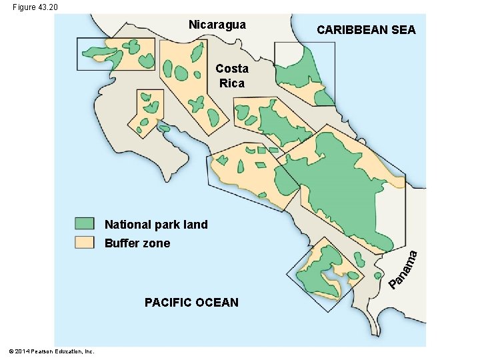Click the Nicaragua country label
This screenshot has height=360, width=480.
click(x=217, y=25)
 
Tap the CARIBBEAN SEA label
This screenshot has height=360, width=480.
click(x=366, y=30)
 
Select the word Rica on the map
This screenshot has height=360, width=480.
click(x=232, y=83)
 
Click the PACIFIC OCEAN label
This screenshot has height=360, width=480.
click(x=191, y=303)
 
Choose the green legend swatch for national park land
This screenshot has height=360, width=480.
click(x=85, y=224)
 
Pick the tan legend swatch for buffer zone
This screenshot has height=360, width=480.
click(x=85, y=243)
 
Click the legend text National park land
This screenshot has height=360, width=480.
click(x=156, y=225)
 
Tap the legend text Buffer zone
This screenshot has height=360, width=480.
click(x=137, y=243)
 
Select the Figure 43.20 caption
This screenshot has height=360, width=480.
click(x=35, y=7)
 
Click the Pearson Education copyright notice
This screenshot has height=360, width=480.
click(x=51, y=351)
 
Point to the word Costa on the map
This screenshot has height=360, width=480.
click(x=232, y=69)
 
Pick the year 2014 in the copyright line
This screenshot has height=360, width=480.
click(x=21, y=351)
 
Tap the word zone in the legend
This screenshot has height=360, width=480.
click(x=156, y=243)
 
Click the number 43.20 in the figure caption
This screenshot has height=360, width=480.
click(x=47, y=7)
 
